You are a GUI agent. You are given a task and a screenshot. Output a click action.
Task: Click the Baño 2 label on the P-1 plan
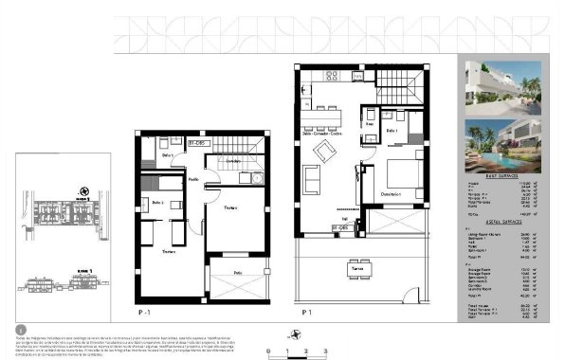pyautogui.click(x=157, y=203)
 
